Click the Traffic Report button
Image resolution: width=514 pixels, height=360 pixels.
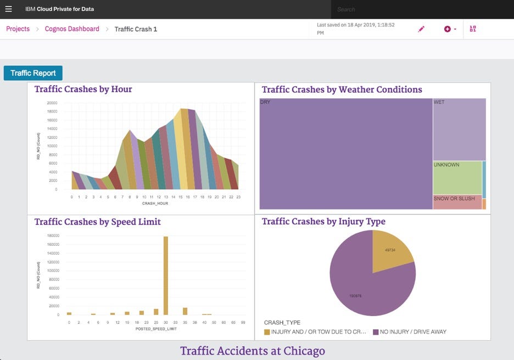pyautogui.click(x=33, y=73)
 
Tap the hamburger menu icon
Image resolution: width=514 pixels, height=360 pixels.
pyautogui.click(x=8, y=9)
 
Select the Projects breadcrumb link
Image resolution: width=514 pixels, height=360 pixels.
pyautogui.click(x=18, y=29)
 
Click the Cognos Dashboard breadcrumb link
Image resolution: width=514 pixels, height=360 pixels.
pyautogui.click(x=72, y=29)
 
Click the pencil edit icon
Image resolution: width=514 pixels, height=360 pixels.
pyautogui.click(x=421, y=29)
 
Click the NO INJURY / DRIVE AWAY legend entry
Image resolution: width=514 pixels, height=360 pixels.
pyautogui.click(x=410, y=332)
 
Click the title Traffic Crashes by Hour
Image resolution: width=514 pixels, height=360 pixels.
pyautogui.click(x=83, y=89)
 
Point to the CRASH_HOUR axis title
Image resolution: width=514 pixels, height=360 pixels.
pyautogui.click(x=155, y=203)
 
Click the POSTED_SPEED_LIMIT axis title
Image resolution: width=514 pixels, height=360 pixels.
pyautogui.click(x=156, y=329)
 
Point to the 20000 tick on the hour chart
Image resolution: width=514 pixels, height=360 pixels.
pyautogui.click(x=52, y=103)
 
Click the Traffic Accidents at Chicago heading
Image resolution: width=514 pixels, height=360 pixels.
pyautogui.click(x=253, y=351)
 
